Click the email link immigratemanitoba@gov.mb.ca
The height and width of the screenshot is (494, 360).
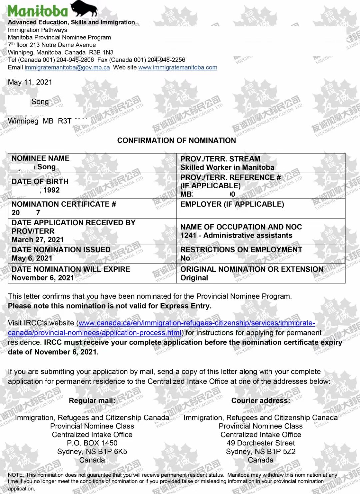(67, 67)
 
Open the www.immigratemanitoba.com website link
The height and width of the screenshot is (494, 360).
(178, 67)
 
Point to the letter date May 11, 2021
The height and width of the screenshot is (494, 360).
(30, 82)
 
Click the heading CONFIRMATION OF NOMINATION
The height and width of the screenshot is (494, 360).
(176, 141)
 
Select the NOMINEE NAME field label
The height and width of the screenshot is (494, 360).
(41, 158)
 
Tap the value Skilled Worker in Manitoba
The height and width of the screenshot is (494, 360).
(227, 168)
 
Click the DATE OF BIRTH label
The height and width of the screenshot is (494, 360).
(40, 182)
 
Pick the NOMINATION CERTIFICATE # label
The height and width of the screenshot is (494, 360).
(64, 204)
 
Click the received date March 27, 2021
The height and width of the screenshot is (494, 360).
(38, 240)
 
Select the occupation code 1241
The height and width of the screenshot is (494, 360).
(188, 236)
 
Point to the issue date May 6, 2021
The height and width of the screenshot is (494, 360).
(32, 258)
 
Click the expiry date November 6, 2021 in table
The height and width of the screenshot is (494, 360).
(43, 278)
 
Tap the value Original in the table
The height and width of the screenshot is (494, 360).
(194, 278)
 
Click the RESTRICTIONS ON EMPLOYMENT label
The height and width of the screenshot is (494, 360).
(241, 249)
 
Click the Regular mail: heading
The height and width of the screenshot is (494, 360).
(92, 401)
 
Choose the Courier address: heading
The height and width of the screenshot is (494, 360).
(261, 401)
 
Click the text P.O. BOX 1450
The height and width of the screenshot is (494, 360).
(92, 443)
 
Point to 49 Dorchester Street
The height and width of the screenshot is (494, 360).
(261, 443)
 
